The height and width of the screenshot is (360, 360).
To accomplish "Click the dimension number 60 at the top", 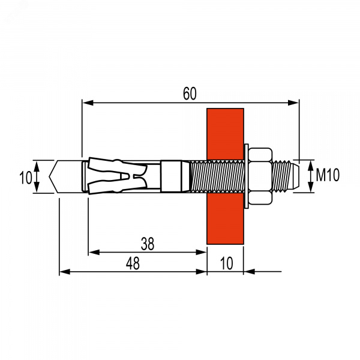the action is (x=190, y=94).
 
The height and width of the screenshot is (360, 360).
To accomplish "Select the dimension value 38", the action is (x=148, y=244).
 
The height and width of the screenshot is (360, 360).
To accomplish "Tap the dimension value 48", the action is (x=133, y=263).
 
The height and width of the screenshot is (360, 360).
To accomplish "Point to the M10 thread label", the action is (x=328, y=175).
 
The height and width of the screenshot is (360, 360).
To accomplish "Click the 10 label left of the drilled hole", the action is (x=25, y=178).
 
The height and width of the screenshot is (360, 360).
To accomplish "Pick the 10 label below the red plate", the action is (x=226, y=263).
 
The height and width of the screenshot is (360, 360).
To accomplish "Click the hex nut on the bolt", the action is (x=260, y=176).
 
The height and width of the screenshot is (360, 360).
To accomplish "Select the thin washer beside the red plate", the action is (x=246, y=176).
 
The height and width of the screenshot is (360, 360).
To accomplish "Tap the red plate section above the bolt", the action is (x=225, y=134).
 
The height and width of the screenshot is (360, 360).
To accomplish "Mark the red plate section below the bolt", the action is (x=225, y=218).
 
